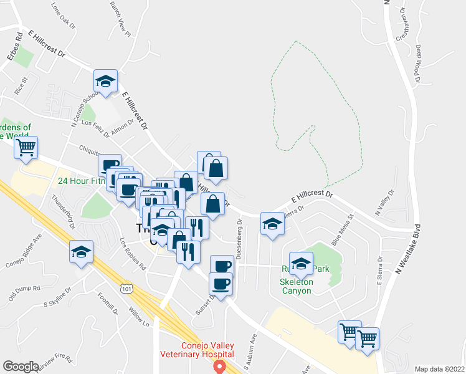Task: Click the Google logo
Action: pos(21,367)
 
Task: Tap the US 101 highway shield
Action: pos(127,289)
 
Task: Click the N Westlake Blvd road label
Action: pos(408,250)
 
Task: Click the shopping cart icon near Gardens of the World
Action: pos(26,148)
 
